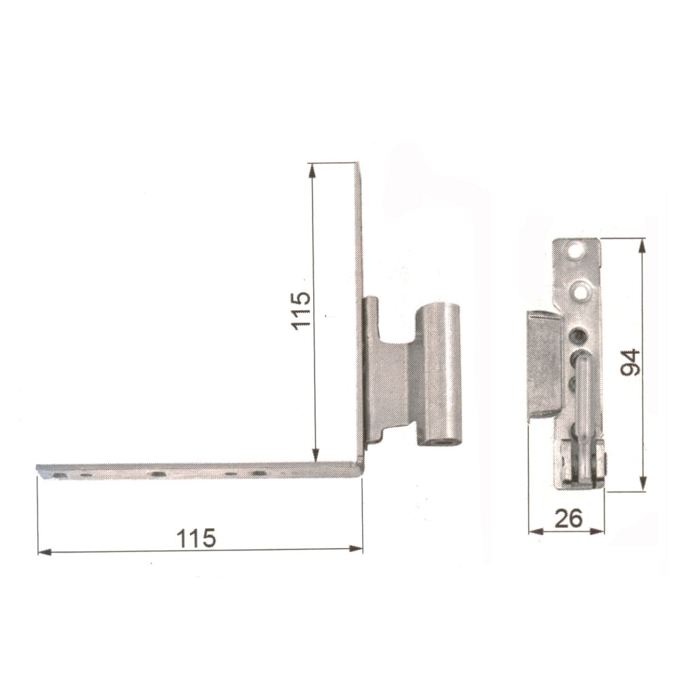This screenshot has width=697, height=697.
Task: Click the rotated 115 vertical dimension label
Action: click(x=302, y=310)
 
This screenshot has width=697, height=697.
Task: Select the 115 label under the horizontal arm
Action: click(x=196, y=538)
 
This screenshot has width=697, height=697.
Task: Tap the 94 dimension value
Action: click(x=630, y=363)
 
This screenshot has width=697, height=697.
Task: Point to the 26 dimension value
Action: click(x=568, y=519)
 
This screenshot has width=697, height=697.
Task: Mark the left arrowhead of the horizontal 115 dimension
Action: click(x=44, y=552)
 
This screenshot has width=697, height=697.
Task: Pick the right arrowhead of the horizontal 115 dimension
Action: click(x=356, y=549)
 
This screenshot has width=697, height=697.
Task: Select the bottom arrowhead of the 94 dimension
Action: click(x=643, y=484)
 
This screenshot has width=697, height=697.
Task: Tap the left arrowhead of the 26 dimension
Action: click(x=536, y=531)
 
